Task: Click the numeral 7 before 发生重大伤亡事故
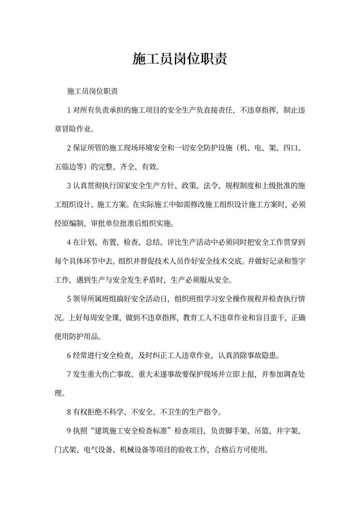click(x=69, y=374)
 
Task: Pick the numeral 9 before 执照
click(x=69, y=429)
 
